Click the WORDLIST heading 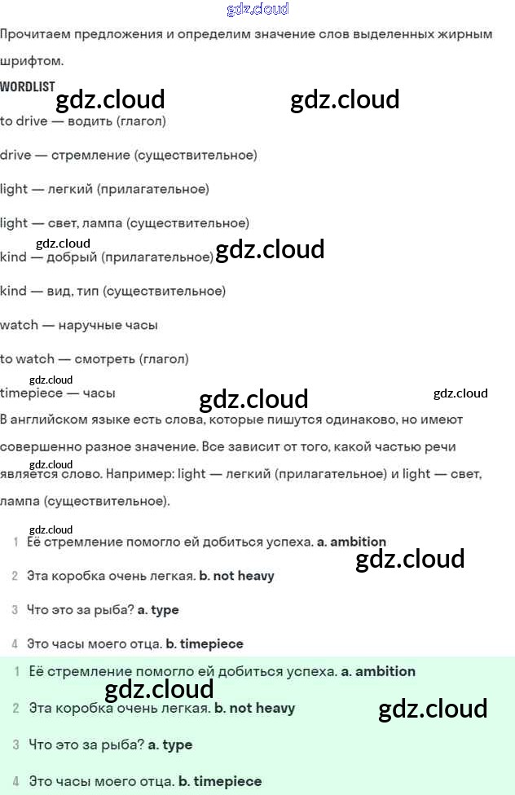tap(28, 86)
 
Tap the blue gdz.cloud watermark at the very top tap(257, 10)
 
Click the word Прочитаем tap(33, 34)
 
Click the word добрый tap(74, 257)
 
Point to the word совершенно tap(41, 447)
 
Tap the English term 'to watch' tap(28, 358)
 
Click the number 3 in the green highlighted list tap(16, 744)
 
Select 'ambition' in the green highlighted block tap(385, 672)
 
